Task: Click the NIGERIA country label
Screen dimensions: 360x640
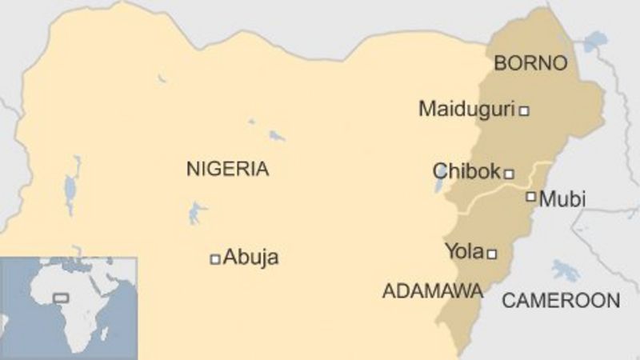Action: click(227, 169)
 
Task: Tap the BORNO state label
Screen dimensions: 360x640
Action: click(530, 63)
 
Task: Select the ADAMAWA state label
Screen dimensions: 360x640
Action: click(432, 290)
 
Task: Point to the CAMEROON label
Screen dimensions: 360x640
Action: click(561, 301)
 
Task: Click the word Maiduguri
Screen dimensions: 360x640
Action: click(466, 110)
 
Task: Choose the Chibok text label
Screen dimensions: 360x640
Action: click(466, 171)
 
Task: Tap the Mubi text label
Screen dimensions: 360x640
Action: click(562, 199)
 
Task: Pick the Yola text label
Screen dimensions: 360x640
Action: click(464, 253)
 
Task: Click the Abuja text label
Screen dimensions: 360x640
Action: click(251, 258)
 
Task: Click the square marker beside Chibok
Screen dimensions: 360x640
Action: click(509, 173)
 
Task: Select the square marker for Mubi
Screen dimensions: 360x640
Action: click(530, 196)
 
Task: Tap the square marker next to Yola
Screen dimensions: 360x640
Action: click(492, 254)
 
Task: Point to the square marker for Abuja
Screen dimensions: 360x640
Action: click(214, 258)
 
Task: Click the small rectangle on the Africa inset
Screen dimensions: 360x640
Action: click(61, 298)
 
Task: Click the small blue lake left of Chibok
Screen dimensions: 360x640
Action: click(439, 186)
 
